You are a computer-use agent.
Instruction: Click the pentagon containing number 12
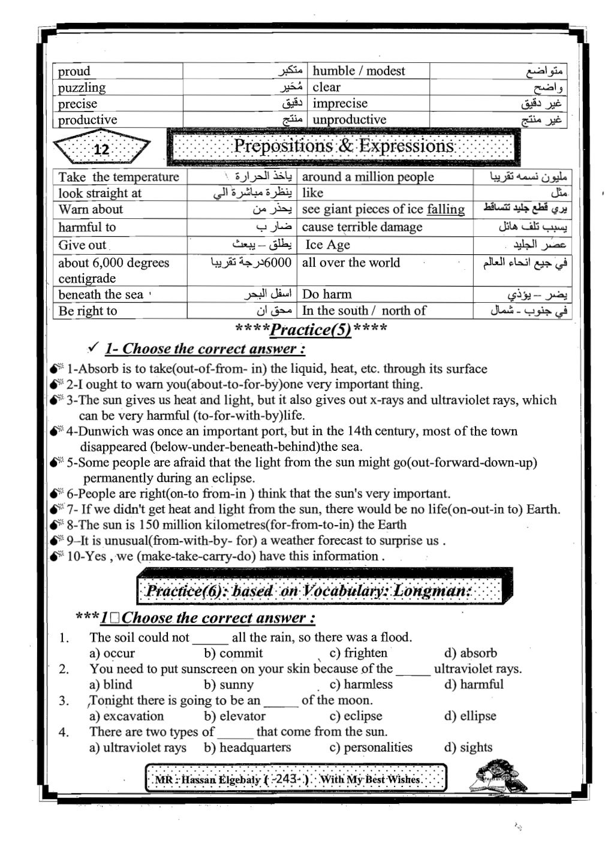101,148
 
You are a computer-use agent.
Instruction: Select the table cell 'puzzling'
82,88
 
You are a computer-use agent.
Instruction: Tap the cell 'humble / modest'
359,71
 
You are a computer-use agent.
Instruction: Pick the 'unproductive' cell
350,120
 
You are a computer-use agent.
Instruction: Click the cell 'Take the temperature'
119,177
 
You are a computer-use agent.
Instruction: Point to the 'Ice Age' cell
327,245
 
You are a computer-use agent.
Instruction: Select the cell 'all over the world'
351,263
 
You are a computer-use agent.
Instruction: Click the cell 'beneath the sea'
101,294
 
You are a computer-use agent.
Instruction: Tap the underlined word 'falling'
446,209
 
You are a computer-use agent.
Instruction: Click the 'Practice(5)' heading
311,329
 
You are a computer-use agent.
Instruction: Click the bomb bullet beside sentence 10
57,556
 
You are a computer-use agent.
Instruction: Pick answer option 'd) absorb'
471,653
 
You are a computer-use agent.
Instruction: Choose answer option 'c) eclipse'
356,716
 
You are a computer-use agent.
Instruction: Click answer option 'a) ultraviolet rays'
138,748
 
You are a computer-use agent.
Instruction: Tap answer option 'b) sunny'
228,685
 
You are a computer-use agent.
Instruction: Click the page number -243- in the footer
290,779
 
